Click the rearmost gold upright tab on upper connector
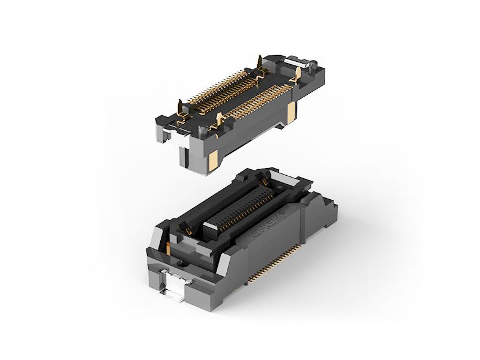pyautogui.click(x=259, y=62)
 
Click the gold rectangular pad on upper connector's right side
pyautogui.click(x=290, y=114)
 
